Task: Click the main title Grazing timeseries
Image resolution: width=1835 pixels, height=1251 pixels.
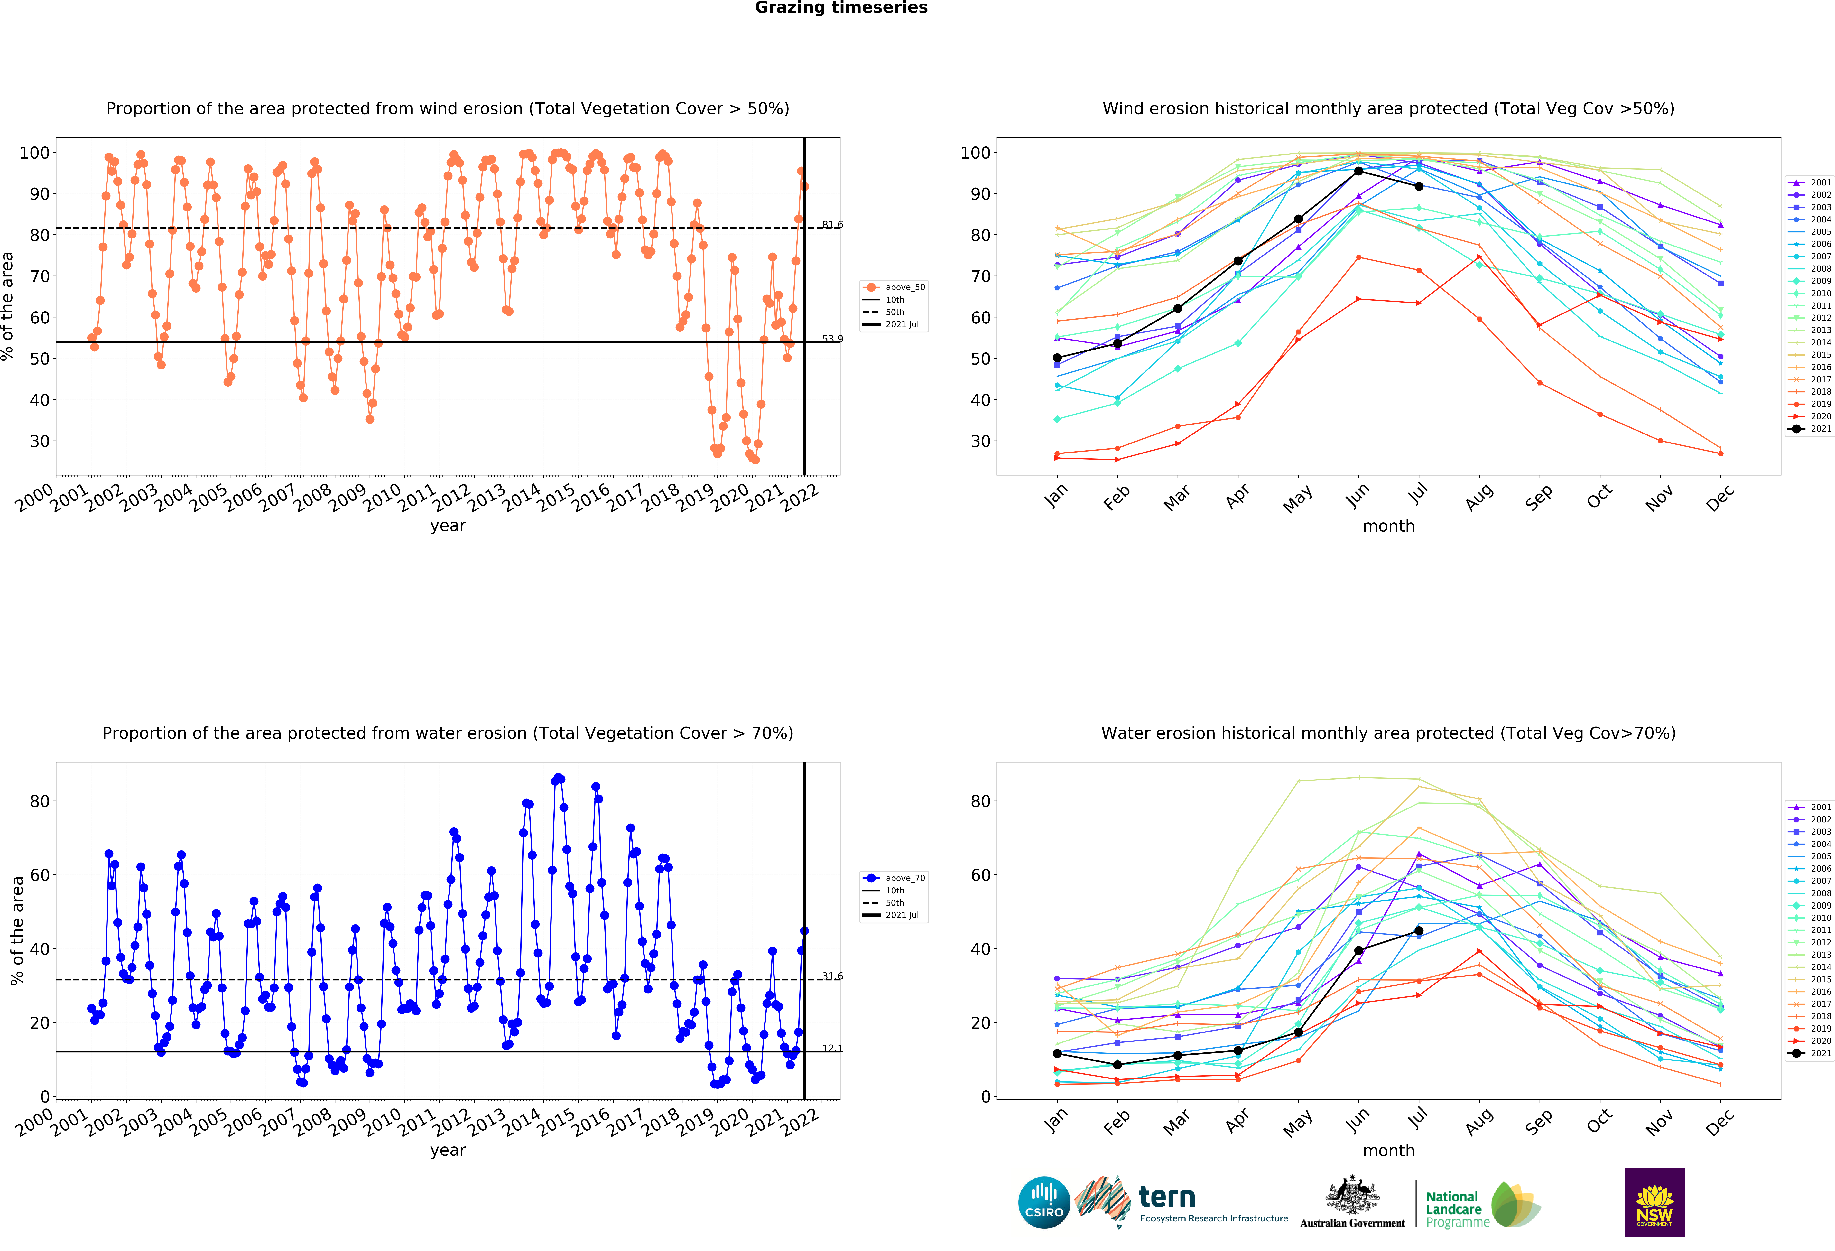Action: (841, 8)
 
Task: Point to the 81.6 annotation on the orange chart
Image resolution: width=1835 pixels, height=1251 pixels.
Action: (832, 225)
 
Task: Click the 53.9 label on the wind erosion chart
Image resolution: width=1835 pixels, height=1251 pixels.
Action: (832, 339)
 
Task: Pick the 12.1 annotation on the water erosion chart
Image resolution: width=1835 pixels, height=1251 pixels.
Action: (832, 1048)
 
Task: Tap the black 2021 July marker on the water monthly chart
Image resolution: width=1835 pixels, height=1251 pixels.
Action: (1419, 930)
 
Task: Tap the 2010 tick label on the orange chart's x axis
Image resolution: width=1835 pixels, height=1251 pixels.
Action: (382, 498)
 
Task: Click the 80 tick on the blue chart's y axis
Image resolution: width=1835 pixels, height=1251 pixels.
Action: (40, 801)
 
